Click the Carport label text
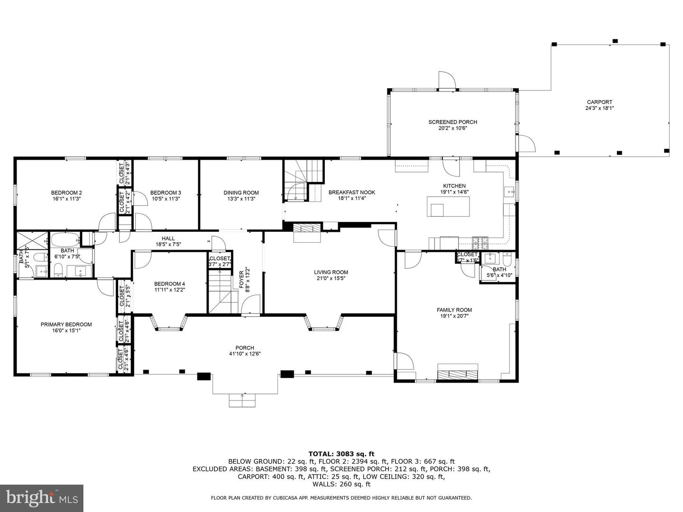click(x=600, y=102)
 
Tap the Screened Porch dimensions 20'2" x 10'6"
click(x=452, y=128)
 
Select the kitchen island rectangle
click(x=448, y=207)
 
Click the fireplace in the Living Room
click(x=307, y=232)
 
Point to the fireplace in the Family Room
click(x=458, y=373)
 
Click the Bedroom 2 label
click(x=66, y=192)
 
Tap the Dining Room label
click(x=241, y=192)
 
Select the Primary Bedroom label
click(x=66, y=325)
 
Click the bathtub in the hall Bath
click(x=65, y=240)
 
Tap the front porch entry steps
click(x=243, y=400)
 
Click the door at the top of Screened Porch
click(x=446, y=80)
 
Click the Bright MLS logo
click(x=42, y=498)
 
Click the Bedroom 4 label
click(x=169, y=284)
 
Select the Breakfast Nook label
click(x=351, y=192)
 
